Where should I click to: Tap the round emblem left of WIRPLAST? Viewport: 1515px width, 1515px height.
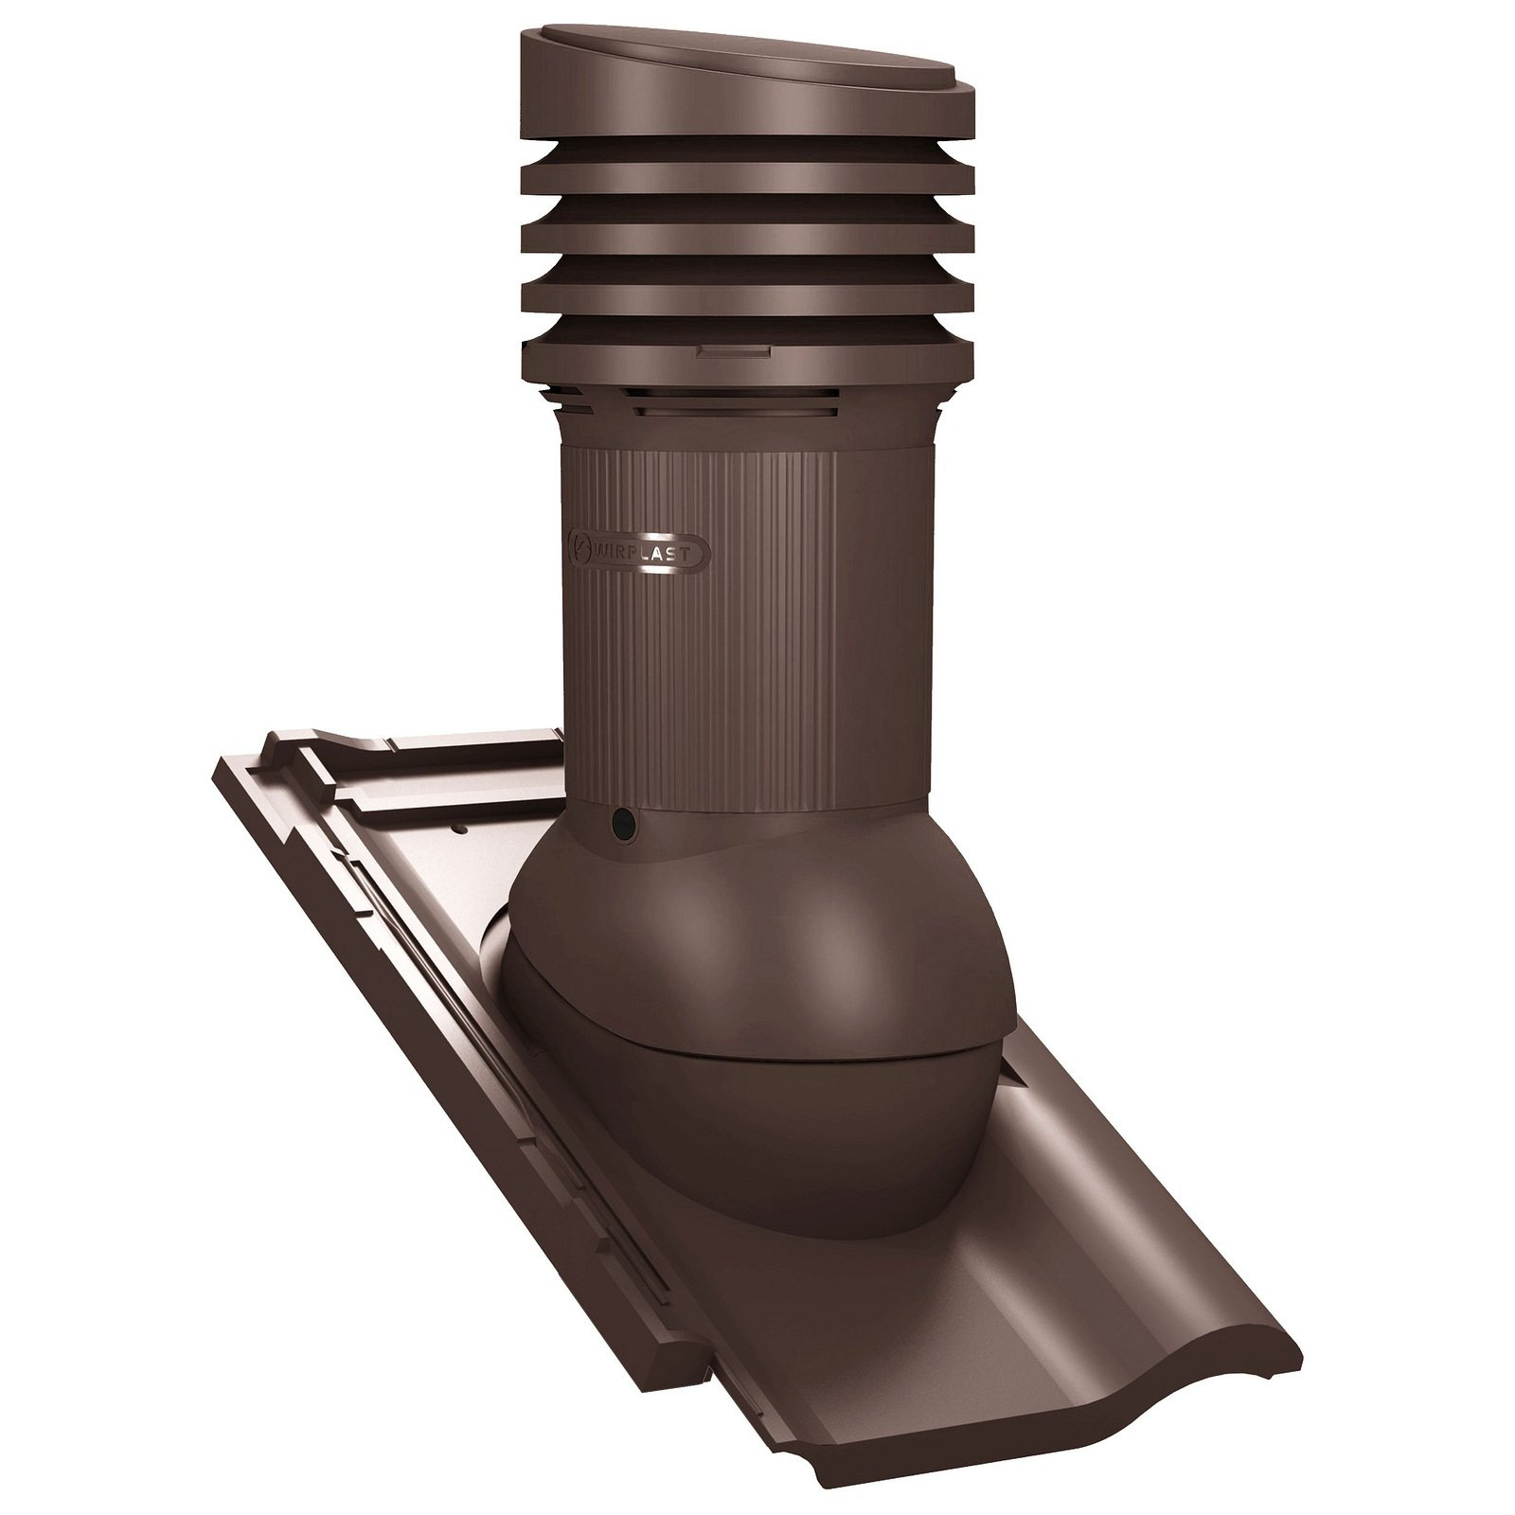579,549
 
